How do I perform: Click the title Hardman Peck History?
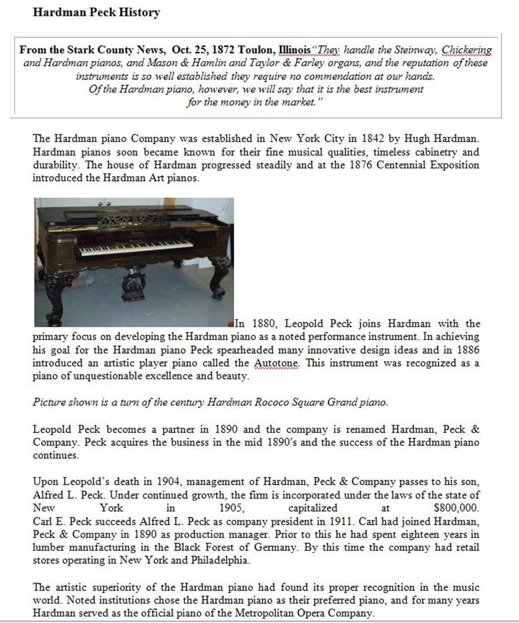click(x=97, y=12)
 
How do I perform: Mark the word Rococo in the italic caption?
click(x=269, y=403)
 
